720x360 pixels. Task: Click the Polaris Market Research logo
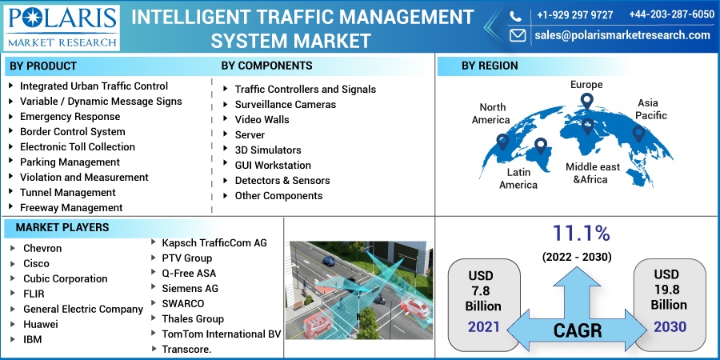coord(62,27)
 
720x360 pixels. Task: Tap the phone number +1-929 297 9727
coord(574,14)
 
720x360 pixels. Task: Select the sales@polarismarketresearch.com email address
coord(622,35)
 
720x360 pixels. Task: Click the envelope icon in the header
coord(518,35)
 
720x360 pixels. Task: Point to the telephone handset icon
coord(516,16)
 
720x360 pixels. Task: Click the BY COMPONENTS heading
coord(266,66)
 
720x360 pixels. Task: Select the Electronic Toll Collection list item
coord(77,147)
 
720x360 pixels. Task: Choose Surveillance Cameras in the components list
coord(285,105)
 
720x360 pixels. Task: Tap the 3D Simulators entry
coord(268,150)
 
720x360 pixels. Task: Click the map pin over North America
coord(502,142)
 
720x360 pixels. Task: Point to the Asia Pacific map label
coord(650,110)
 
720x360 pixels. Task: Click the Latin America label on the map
coord(518,178)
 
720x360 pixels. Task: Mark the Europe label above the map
coord(586,85)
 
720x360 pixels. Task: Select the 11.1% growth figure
coord(581,234)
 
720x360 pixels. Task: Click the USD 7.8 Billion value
coord(483,290)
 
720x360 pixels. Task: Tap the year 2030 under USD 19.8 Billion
coord(670,327)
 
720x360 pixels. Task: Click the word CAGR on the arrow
coord(577,330)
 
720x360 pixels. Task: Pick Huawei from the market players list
coord(41,325)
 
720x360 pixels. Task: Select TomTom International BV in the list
coord(221,334)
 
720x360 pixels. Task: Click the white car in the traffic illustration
coord(415,308)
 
